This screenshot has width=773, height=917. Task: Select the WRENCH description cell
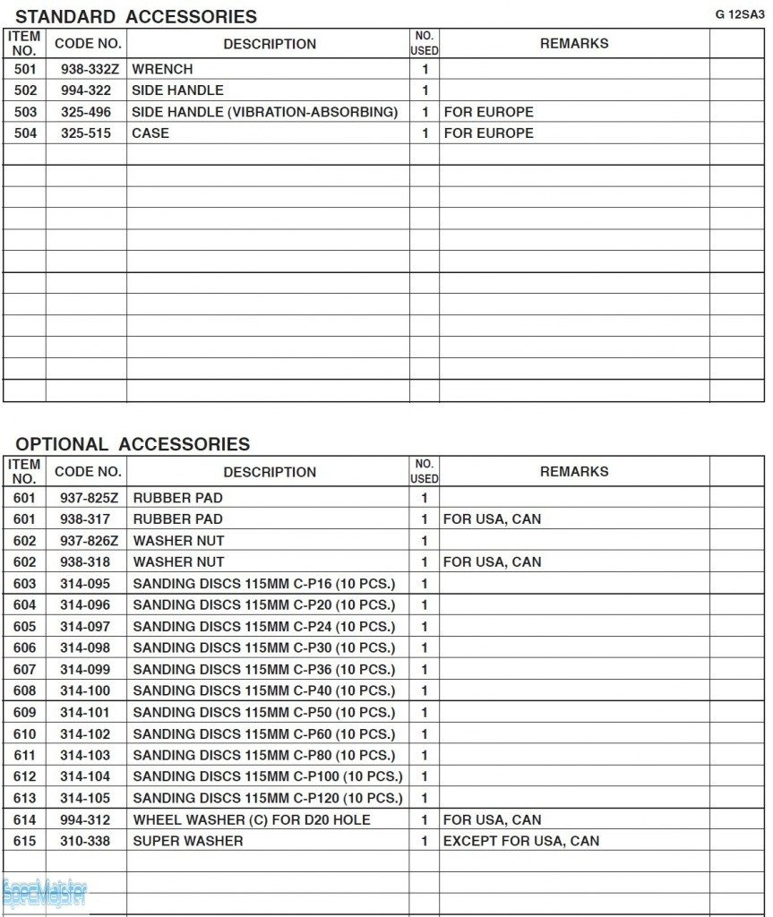click(x=162, y=69)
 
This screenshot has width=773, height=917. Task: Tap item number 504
click(x=25, y=133)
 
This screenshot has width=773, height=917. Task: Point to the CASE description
click(x=150, y=133)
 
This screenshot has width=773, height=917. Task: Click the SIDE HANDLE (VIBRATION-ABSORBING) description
click(x=264, y=112)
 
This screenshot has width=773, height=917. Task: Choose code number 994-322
click(x=86, y=90)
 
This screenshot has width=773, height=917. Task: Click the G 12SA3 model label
click(x=739, y=14)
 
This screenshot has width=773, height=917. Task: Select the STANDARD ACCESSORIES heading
click(x=136, y=16)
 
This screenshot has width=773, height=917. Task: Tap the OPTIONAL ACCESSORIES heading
click(x=133, y=444)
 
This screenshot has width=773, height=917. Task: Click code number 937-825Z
click(x=89, y=498)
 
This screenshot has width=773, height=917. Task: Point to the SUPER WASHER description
click(x=188, y=841)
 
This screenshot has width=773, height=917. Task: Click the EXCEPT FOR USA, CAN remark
click(x=521, y=841)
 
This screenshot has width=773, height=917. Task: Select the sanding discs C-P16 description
click(x=263, y=584)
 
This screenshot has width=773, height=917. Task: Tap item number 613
click(x=25, y=798)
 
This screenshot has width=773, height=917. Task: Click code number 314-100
click(x=85, y=690)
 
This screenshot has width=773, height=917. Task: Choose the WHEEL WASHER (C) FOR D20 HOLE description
click(x=252, y=819)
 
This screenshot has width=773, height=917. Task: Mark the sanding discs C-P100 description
click(x=268, y=776)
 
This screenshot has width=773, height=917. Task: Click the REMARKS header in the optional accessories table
click(x=574, y=471)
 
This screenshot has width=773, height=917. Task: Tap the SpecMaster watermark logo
click(x=45, y=893)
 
